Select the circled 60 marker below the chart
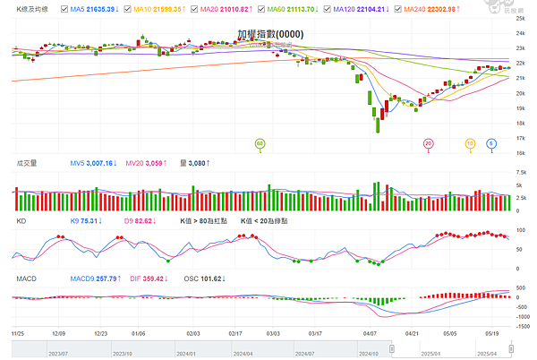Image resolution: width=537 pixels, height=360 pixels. click(x=260, y=143)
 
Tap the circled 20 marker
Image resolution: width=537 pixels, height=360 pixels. click(x=428, y=143)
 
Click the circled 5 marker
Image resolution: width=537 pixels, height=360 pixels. click(x=491, y=143)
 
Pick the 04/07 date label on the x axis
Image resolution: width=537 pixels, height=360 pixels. click(x=370, y=331)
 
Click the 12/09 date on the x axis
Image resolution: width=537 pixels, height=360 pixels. click(x=59, y=331)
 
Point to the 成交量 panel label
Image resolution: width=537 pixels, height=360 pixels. click(x=27, y=163)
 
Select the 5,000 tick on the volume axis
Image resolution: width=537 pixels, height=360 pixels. click(x=520, y=184)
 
